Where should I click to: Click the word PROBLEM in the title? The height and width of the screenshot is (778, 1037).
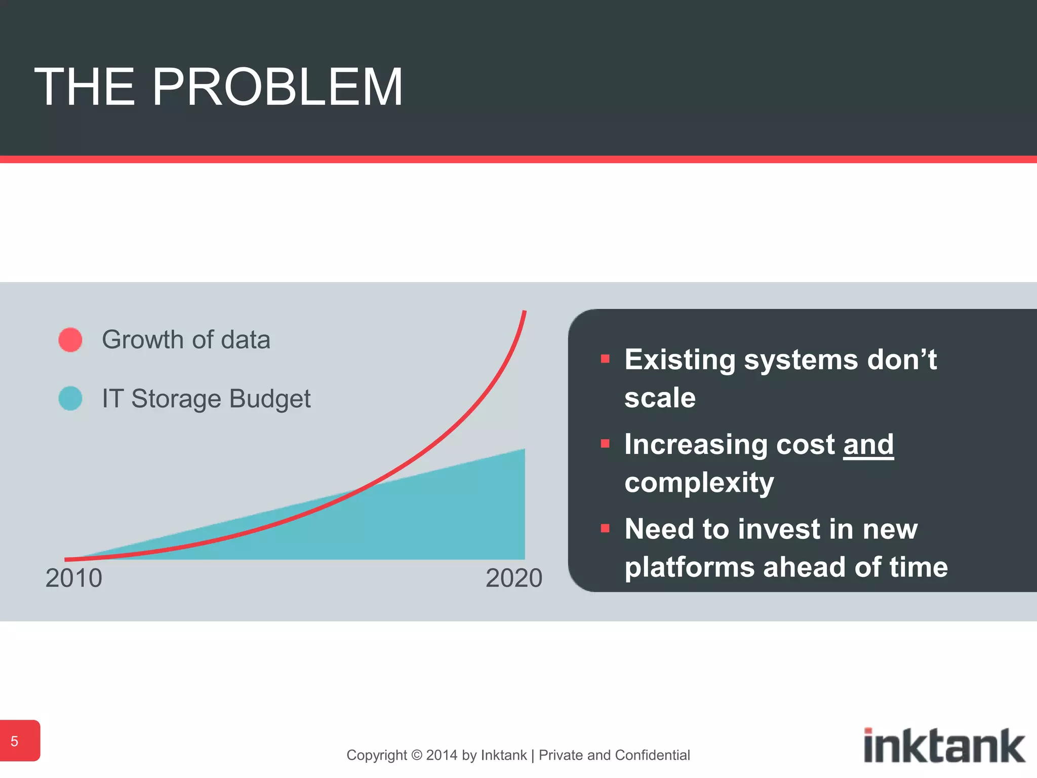[x=277, y=87]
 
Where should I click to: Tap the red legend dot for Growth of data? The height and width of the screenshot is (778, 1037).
[x=70, y=339]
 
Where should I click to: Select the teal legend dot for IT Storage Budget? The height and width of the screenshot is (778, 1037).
[x=70, y=398]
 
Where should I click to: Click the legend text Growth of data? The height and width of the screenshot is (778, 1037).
[x=186, y=339]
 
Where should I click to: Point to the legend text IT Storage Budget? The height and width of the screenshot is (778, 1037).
[x=206, y=399]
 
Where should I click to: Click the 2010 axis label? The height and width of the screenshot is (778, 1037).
[x=74, y=578]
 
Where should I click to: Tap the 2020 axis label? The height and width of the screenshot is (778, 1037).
[x=513, y=578]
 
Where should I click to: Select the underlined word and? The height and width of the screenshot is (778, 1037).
[x=868, y=445]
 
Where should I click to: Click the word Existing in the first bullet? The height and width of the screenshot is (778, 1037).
[x=680, y=360]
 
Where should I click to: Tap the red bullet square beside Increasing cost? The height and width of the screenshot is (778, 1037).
[x=605, y=444]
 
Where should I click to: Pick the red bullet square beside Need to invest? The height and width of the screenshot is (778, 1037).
[x=605, y=529]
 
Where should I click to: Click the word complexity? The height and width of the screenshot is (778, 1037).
[x=699, y=482]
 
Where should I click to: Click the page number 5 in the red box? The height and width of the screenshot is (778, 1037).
[x=15, y=742]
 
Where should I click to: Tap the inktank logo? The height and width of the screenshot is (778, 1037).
[x=944, y=745]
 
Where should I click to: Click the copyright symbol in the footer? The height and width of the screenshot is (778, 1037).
[x=417, y=755]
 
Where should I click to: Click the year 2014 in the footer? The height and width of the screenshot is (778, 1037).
[x=442, y=755]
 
